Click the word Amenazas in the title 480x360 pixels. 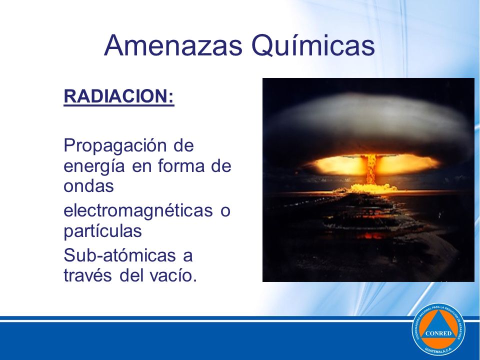click(x=173, y=45)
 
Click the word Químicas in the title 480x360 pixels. click(x=313, y=45)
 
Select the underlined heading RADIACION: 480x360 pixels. click(x=119, y=96)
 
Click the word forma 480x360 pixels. click(x=181, y=165)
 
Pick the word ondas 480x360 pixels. click(x=88, y=186)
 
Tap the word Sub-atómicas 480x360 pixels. click(x=119, y=255)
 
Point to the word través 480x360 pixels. click(x=87, y=275)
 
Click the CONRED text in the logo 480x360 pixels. click(x=438, y=333)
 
